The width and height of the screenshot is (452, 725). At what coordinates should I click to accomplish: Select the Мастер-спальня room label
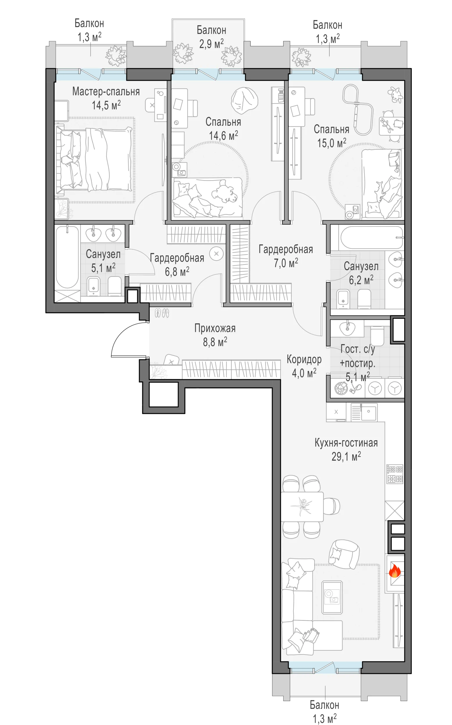tap(106, 91)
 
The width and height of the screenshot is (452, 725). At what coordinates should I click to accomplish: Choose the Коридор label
tap(304, 359)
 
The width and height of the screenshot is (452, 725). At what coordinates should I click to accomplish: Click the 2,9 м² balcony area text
tap(211, 43)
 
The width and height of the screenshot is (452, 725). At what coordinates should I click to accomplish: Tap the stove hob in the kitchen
tap(395, 474)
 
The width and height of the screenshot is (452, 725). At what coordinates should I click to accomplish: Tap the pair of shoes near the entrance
tap(162, 313)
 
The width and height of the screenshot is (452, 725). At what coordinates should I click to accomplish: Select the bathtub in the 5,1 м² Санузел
tap(67, 257)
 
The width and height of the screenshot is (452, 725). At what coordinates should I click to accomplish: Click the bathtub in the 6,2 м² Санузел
tap(372, 238)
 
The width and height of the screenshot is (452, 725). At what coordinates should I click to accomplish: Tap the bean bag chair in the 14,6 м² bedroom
tap(244, 101)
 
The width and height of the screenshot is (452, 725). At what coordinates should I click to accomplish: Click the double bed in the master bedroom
tap(94, 159)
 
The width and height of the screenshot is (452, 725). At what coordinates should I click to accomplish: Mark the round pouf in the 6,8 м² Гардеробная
tap(217, 254)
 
